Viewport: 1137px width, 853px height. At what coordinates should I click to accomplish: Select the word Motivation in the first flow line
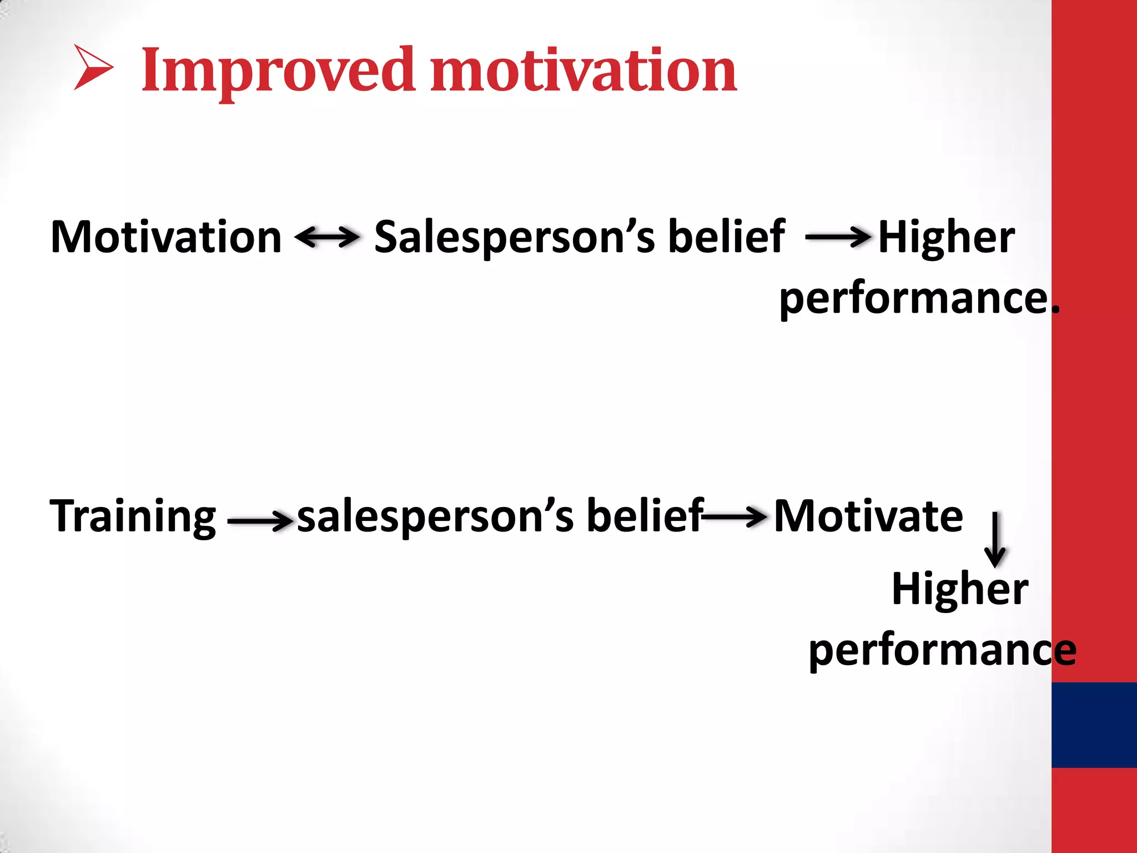point(166,237)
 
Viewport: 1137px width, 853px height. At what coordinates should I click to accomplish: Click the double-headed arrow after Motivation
point(328,237)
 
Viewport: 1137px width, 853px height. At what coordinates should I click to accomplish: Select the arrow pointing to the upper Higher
point(837,237)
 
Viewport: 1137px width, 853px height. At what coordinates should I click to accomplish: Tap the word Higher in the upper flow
point(946,238)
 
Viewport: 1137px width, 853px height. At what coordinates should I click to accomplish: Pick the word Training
point(133,517)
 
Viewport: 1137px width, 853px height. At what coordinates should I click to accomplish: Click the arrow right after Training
point(260,520)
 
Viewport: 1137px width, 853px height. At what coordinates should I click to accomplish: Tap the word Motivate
point(868,516)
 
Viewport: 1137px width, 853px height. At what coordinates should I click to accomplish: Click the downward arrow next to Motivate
point(995,539)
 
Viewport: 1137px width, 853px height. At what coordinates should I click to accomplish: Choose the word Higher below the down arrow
point(960,589)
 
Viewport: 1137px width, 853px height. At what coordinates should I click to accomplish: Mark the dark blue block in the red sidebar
point(1094,724)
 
